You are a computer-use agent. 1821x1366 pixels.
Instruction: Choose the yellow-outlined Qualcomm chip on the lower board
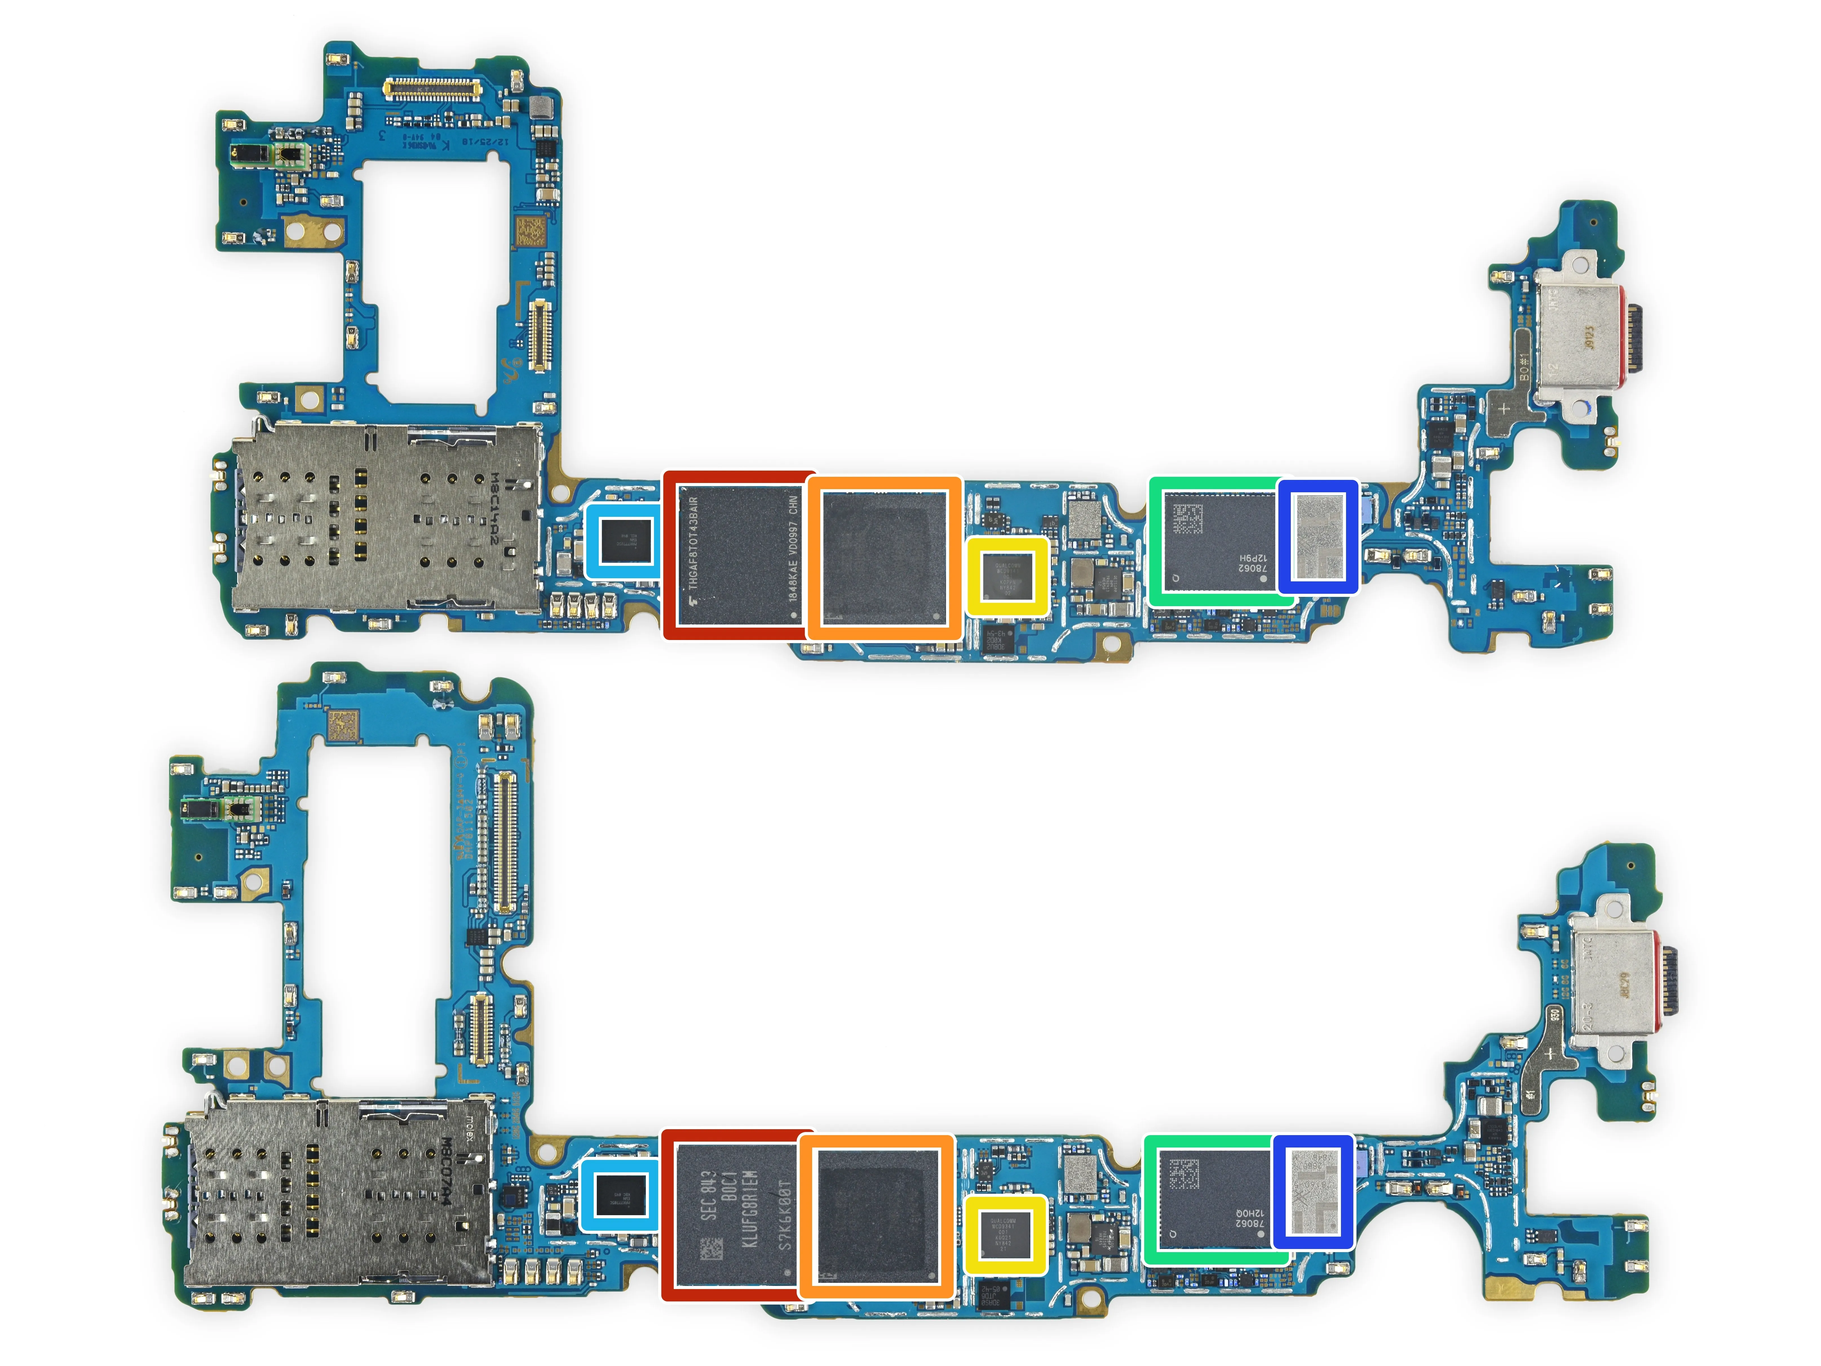pos(1005,1233)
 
